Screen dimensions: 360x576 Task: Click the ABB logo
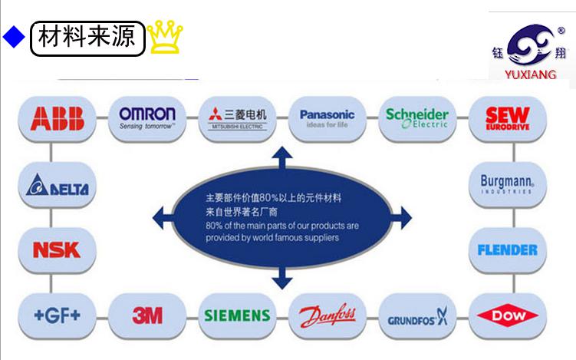click(x=57, y=117)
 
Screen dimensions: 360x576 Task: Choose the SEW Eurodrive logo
click(x=507, y=117)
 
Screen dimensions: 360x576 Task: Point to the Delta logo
click(x=57, y=187)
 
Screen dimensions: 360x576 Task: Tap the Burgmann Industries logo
click(x=507, y=184)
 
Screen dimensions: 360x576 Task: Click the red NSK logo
click(x=57, y=249)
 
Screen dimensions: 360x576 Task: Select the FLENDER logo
click(x=507, y=249)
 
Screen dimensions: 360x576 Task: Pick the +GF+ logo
click(x=57, y=314)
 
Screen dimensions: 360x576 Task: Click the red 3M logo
click(x=147, y=314)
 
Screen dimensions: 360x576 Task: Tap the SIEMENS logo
click(x=237, y=315)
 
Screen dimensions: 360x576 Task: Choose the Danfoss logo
click(x=327, y=315)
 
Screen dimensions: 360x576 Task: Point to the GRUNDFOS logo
click(x=416, y=316)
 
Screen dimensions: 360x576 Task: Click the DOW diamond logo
click(x=507, y=315)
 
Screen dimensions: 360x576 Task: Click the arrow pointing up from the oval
click(x=283, y=157)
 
